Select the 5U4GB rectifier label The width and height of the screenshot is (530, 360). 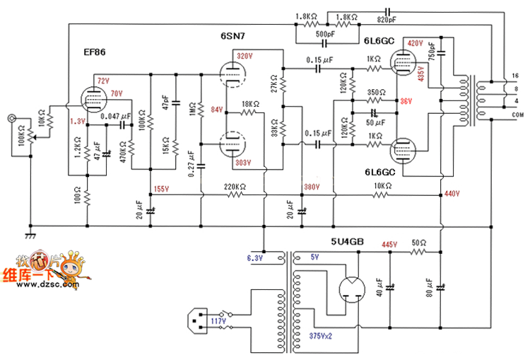coord(347,240)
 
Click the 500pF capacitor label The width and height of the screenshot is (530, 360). coord(325,33)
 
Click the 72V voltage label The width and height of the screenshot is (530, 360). coord(104,81)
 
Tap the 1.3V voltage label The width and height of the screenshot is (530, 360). coord(78,122)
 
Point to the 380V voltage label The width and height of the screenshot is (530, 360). coord(312,188)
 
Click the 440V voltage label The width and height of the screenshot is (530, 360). coord(452,193)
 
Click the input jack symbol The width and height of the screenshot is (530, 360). coord(12,119)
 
